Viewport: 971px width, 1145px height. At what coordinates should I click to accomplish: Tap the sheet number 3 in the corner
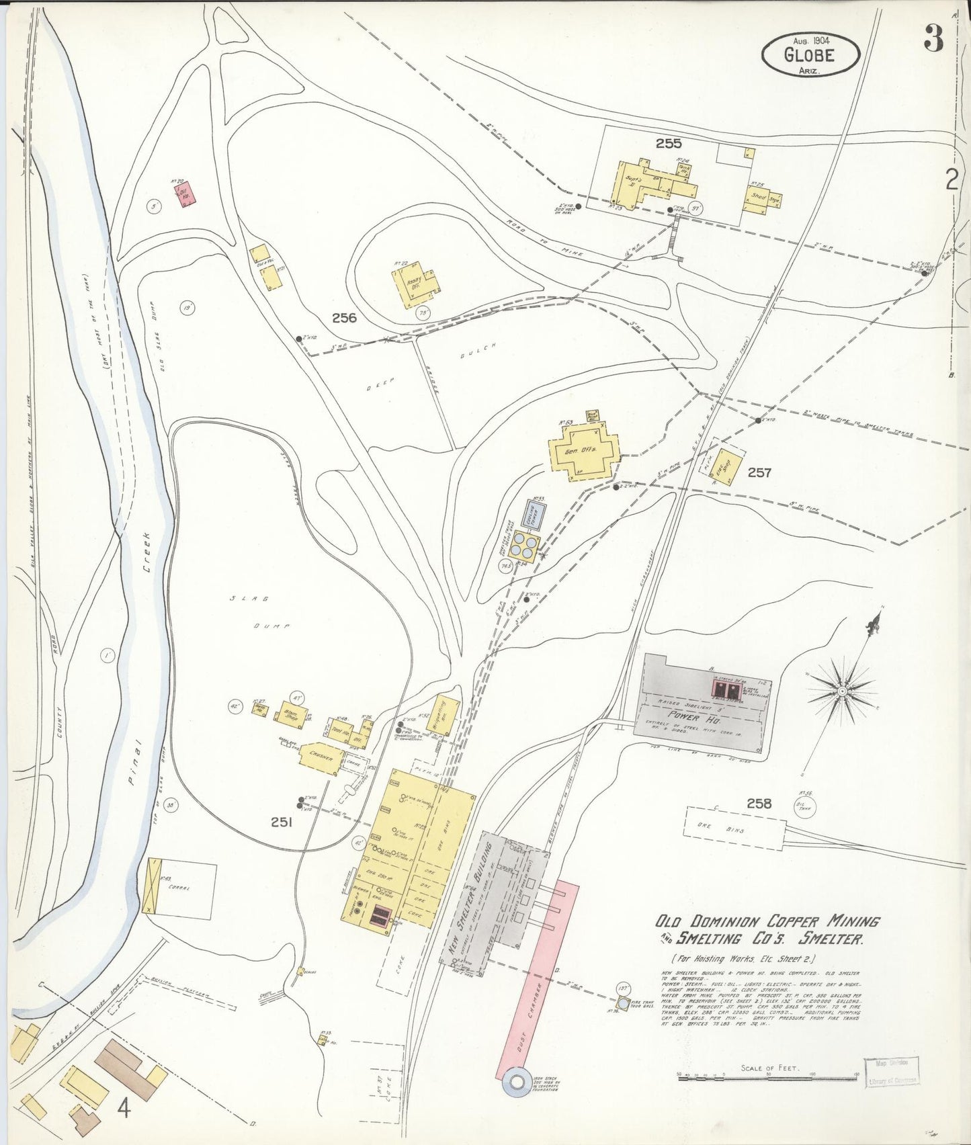pos(933,40)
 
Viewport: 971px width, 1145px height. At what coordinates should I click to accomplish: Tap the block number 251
pos(281,821)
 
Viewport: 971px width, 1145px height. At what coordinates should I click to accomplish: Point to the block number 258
pos(759,804)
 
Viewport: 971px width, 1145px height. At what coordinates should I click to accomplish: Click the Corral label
pos(179,888)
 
